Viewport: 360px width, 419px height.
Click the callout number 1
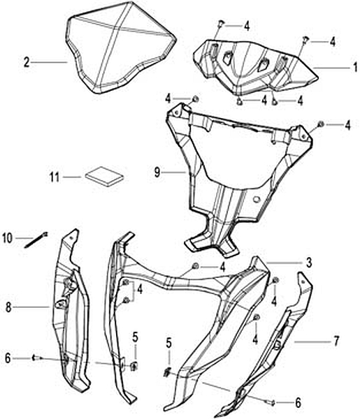(355, 67)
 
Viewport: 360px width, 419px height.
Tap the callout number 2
(26, 62)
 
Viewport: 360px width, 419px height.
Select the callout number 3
(309, 263)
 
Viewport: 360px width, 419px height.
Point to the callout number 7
(336, 341)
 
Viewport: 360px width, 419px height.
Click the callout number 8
(8, 307)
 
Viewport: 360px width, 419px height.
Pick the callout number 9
(157, 172)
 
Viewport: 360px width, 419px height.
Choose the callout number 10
(8, 238)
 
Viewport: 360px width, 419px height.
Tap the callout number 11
(55, 177)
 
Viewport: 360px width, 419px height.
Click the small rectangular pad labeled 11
(105, 177)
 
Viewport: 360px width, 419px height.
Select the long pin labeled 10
(36, 240)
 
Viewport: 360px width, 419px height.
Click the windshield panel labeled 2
(121, 48)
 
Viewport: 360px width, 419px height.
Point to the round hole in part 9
(257, 199)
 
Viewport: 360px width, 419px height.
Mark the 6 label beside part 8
(8, 358)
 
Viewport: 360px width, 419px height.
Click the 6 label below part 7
(298, 402)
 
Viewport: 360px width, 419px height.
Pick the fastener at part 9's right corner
(320, 124)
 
